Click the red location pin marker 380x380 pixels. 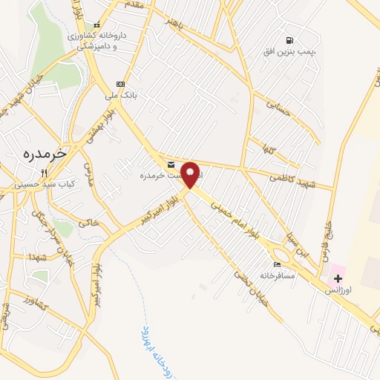(190, 175)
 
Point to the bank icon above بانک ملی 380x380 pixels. (119, 83)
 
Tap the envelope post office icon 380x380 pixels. (171, 164)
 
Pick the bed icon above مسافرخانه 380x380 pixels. (277, 264)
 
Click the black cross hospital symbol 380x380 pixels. (338, 278)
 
